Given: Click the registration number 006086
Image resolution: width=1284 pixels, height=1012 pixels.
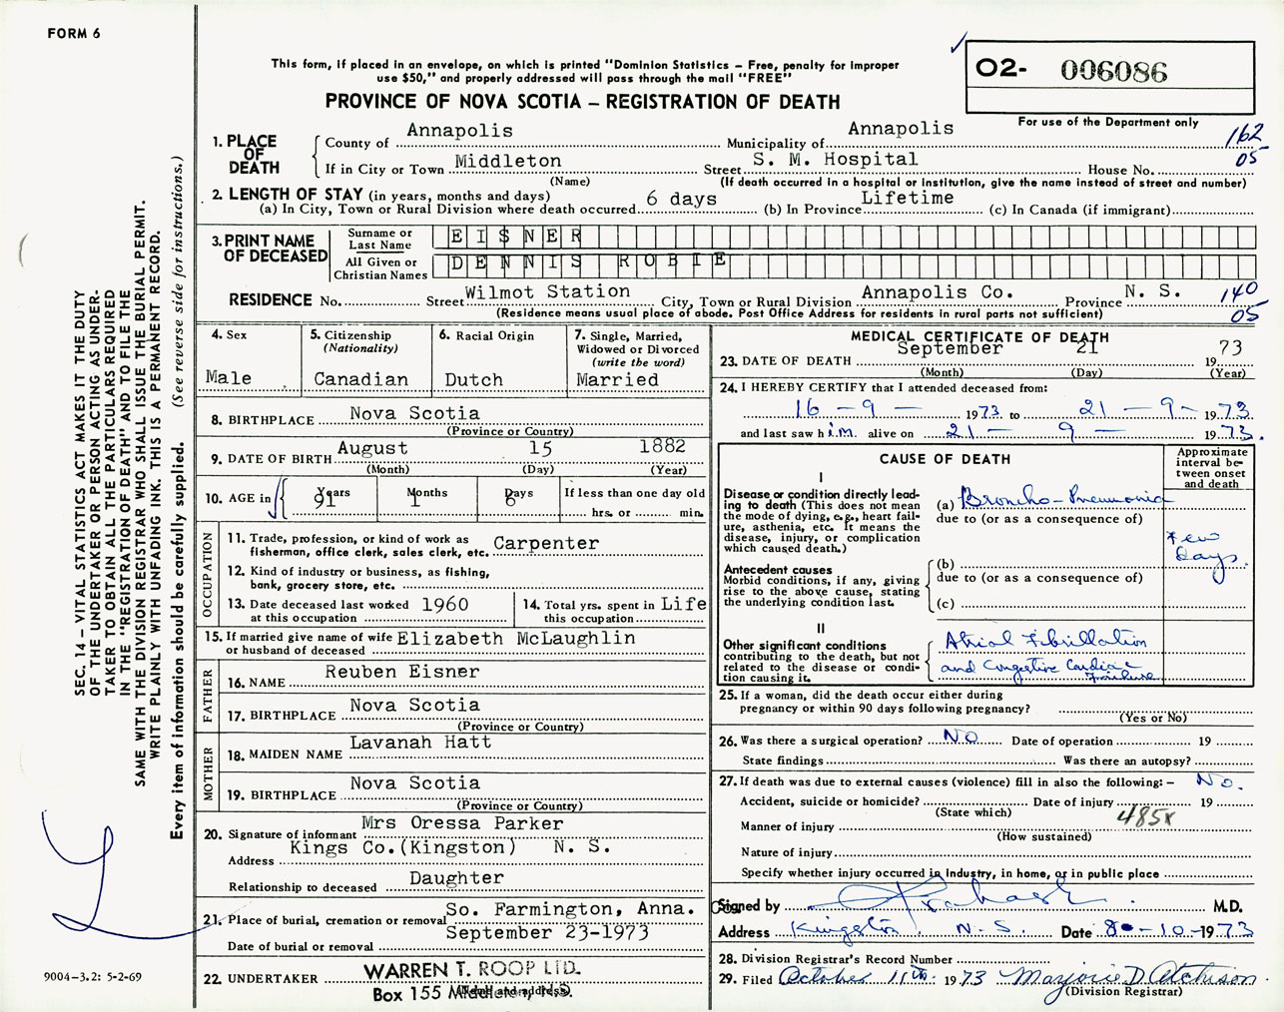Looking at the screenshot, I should coord(1113,71).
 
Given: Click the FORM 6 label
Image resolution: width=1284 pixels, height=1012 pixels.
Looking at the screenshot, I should coord(74,34).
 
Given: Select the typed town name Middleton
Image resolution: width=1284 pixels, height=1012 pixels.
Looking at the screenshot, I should coord(508,161).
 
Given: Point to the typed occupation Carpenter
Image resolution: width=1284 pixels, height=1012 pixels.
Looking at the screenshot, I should coord(546,543).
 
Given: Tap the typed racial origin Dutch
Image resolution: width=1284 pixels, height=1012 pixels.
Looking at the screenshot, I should coord(473,379).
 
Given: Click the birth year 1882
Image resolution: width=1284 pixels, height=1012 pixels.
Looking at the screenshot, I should coord(662,446).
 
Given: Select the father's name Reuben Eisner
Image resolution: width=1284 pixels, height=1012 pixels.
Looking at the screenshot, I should coord(401,672).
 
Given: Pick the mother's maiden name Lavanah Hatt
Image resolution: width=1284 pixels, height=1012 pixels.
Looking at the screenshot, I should coord(420,743).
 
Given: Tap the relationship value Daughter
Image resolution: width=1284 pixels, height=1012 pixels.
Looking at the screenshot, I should coord(456,878).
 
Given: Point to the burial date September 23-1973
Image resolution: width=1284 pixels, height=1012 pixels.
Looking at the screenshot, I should coord(547,932).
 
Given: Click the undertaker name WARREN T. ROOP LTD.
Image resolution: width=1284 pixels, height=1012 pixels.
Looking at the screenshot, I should coord(471,970).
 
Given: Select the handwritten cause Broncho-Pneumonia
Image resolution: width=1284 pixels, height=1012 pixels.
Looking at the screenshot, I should coord(1060,497).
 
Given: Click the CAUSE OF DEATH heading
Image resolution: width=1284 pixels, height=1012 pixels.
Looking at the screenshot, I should coord(945,459).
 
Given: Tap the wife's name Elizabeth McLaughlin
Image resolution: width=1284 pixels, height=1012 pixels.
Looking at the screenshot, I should coord(516,638).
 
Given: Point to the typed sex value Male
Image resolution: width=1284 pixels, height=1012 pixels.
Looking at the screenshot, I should coord(229,377).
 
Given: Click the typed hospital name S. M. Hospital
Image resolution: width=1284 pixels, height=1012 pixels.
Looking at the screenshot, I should coord(835,159).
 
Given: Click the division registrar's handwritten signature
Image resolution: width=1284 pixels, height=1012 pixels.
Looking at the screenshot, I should coord(1128,980).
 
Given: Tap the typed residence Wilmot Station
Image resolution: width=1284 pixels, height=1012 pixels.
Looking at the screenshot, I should coord(547,291).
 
